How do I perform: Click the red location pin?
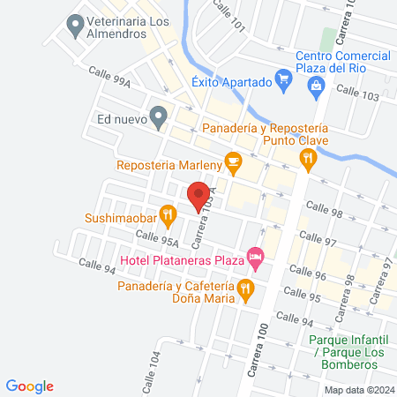coord(198,194)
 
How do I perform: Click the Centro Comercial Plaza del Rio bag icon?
coord(316,85)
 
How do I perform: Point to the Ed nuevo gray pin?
coord(158,116)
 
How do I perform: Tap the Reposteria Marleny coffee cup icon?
coord(233,161)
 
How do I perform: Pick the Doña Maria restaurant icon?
coord(246,288)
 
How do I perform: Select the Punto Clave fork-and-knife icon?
coord(307,159)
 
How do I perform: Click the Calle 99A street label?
coord(113,82)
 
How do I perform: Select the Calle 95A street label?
coord(156,239)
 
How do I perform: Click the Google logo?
coord(31,386)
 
